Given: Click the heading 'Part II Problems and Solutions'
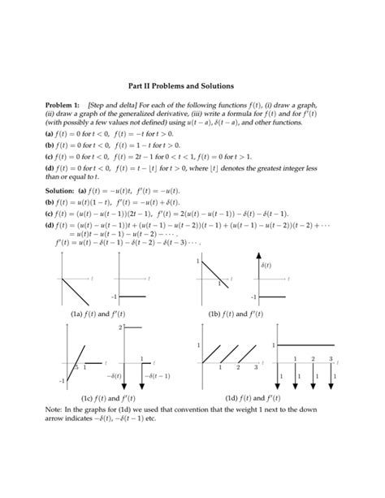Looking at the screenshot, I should click(x=192, y=85).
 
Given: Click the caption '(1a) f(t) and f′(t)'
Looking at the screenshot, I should click(x=97, y=314).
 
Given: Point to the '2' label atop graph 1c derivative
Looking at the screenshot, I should click(x=119, y=327).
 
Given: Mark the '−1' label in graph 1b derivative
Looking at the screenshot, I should click(x=253, y=297).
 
